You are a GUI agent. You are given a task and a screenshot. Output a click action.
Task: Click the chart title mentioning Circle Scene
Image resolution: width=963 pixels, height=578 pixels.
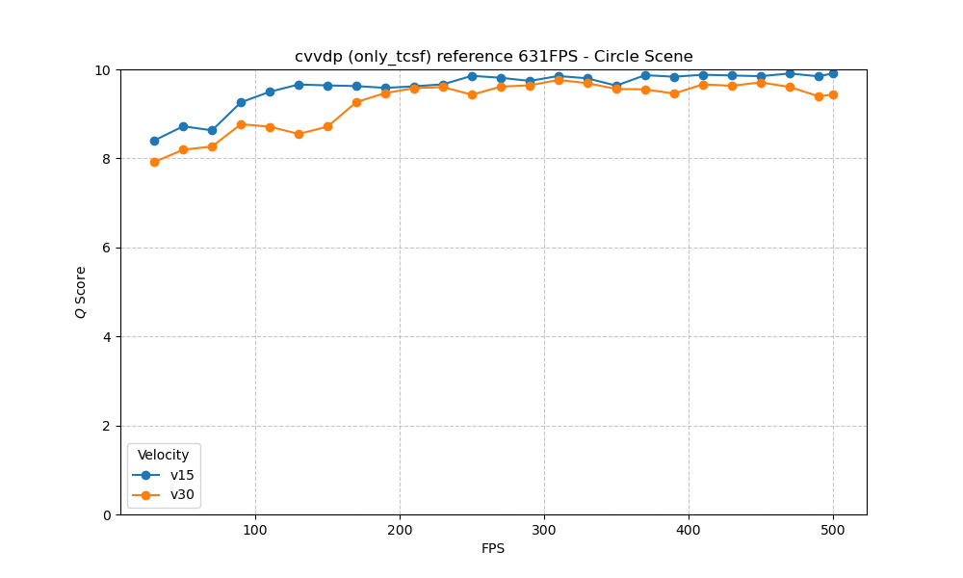click(493, 57)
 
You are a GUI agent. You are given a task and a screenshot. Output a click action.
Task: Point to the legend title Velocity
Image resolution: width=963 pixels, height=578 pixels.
click(163, 455)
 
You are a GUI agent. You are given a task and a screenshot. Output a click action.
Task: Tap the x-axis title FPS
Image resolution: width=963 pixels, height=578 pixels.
click(493, 549)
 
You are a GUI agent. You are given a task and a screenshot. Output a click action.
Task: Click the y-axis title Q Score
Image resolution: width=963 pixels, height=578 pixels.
click(81, 292)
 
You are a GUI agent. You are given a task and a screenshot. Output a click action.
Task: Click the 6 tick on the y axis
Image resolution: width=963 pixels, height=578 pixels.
click(107, 248)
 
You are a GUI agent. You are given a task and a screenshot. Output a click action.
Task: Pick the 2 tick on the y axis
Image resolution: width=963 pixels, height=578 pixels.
click(107, 426)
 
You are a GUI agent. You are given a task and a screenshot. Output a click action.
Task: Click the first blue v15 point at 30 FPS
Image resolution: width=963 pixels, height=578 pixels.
click(154, 141)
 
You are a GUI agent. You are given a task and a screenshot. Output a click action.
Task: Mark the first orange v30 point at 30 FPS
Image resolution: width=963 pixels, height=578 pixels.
click(154, 162)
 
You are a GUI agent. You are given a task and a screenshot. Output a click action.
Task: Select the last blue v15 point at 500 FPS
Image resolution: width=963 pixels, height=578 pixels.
click(833, 73)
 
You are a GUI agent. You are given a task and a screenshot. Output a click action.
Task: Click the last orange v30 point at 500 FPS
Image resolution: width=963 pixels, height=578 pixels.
click(833, 94)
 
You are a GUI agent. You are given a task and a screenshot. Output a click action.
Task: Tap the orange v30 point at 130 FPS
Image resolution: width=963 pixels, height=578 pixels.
click(299, 134)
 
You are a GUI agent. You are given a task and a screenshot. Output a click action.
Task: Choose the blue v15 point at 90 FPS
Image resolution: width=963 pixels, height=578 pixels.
click(241, 102)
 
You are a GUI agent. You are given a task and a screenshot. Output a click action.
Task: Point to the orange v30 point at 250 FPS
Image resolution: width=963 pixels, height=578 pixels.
click(472, 94)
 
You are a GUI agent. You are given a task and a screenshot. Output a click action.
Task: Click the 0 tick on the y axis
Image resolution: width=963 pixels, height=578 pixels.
click(107, 514)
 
